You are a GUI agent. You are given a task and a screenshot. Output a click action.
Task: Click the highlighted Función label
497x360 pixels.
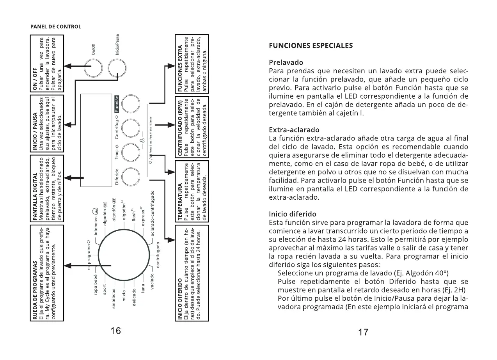pos(116,104)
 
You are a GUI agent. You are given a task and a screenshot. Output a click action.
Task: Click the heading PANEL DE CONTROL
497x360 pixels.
pos(56,27)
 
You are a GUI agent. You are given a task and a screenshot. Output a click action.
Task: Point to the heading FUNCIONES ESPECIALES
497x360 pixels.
pos(311,46)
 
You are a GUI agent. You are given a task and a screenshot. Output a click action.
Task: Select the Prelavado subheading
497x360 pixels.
pos(286,62)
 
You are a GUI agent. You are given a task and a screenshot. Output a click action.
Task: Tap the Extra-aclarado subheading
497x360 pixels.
pos(294,130)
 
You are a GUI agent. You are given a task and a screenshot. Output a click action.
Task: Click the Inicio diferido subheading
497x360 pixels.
pos(293,214)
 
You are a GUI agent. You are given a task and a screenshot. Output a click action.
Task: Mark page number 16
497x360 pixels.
pos(115,331)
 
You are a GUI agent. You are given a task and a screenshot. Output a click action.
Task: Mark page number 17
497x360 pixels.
pos(363,332)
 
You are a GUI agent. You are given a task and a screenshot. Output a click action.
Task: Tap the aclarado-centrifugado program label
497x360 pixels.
pos(153,213)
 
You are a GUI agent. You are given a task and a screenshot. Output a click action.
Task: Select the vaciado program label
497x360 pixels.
pos(153,282)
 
